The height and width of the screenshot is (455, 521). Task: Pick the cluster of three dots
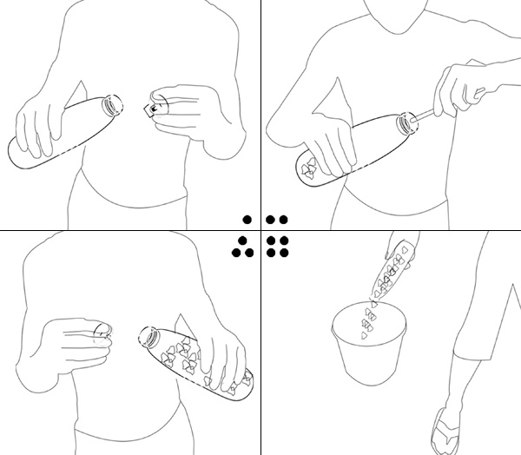[241, 247]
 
